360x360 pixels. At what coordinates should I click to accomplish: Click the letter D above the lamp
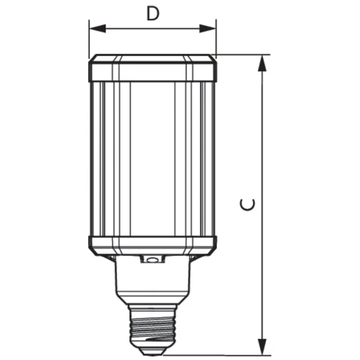tap(153, 14)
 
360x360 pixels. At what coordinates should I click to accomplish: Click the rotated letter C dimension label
tap(247, 205)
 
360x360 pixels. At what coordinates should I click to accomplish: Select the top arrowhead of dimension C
tap(263, 64)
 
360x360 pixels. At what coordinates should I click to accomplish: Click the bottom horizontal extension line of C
tap(220, 355)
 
